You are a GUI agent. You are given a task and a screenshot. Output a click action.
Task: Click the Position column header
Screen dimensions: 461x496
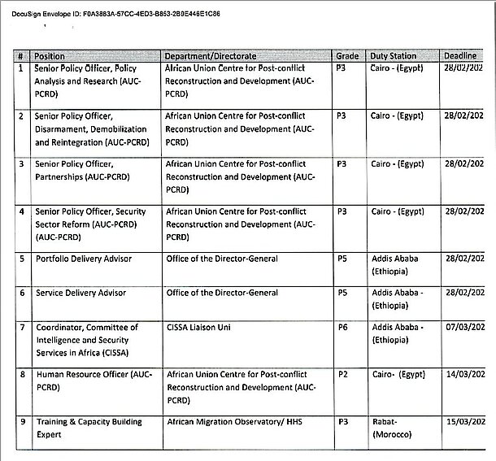point(50,56)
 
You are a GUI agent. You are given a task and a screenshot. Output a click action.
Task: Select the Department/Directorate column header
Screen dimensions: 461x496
point(212,56)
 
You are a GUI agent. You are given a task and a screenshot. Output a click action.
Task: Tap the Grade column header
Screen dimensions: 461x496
point(347,56)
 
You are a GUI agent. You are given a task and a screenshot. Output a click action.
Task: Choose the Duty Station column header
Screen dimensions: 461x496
point(394,56)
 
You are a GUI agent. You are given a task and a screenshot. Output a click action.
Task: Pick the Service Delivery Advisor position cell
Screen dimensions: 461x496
point(80,292)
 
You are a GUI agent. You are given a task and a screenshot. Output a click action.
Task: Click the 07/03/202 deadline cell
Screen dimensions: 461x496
point(464,327)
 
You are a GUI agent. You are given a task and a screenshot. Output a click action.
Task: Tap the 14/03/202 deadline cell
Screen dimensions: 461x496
point(464,374)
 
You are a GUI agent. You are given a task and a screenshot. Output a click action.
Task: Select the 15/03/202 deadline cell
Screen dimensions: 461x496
point(464,422)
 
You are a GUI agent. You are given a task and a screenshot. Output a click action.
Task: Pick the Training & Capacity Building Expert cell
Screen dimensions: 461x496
point(88,428)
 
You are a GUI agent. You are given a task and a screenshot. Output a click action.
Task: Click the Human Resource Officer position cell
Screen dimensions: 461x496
point(94,381)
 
